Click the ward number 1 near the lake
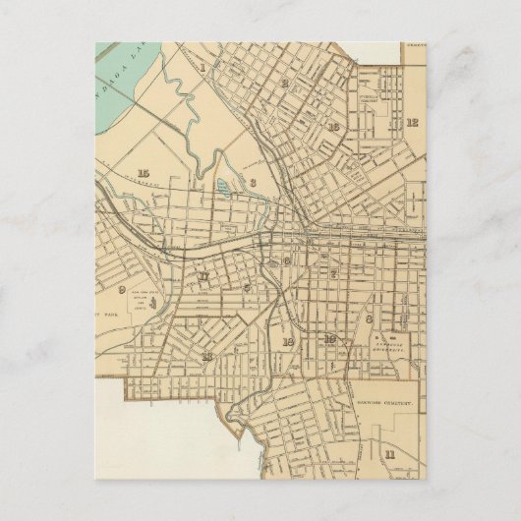pos(203,68)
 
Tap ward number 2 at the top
pos(283,84)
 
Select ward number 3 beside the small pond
pos(253,182)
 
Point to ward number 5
pos(246,287)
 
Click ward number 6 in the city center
pos(286,260)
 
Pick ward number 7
pos(333,273)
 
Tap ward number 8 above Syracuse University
pos(369,318)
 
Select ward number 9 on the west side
pos(122,289)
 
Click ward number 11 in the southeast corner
pos(389,454)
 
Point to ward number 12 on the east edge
pos(412,123)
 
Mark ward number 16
pos(334,127)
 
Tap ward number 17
pos(203,277)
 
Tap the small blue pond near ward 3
pos(222,186)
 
